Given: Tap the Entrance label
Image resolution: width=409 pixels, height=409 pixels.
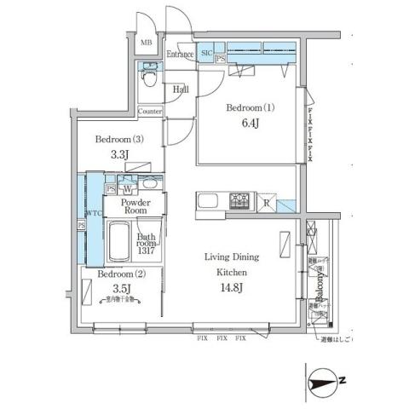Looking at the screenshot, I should point(180,55).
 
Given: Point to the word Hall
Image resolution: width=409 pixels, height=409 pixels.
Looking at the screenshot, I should point(181,88).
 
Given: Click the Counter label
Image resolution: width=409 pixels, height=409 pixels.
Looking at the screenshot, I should point(150,112).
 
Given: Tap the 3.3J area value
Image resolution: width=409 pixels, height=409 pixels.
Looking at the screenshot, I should point(118,156).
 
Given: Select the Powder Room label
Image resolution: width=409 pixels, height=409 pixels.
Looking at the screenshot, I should point(135,208).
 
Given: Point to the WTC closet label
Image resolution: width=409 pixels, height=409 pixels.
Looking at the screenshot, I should point(93,213).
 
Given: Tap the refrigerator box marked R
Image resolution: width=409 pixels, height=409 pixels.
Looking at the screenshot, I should point(267,203).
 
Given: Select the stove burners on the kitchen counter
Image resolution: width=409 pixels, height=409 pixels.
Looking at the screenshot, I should point(239,201).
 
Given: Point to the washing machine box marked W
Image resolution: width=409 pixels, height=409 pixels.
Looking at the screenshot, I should point(126,188).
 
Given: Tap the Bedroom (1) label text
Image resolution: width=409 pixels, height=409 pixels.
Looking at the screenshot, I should point(248,109).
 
